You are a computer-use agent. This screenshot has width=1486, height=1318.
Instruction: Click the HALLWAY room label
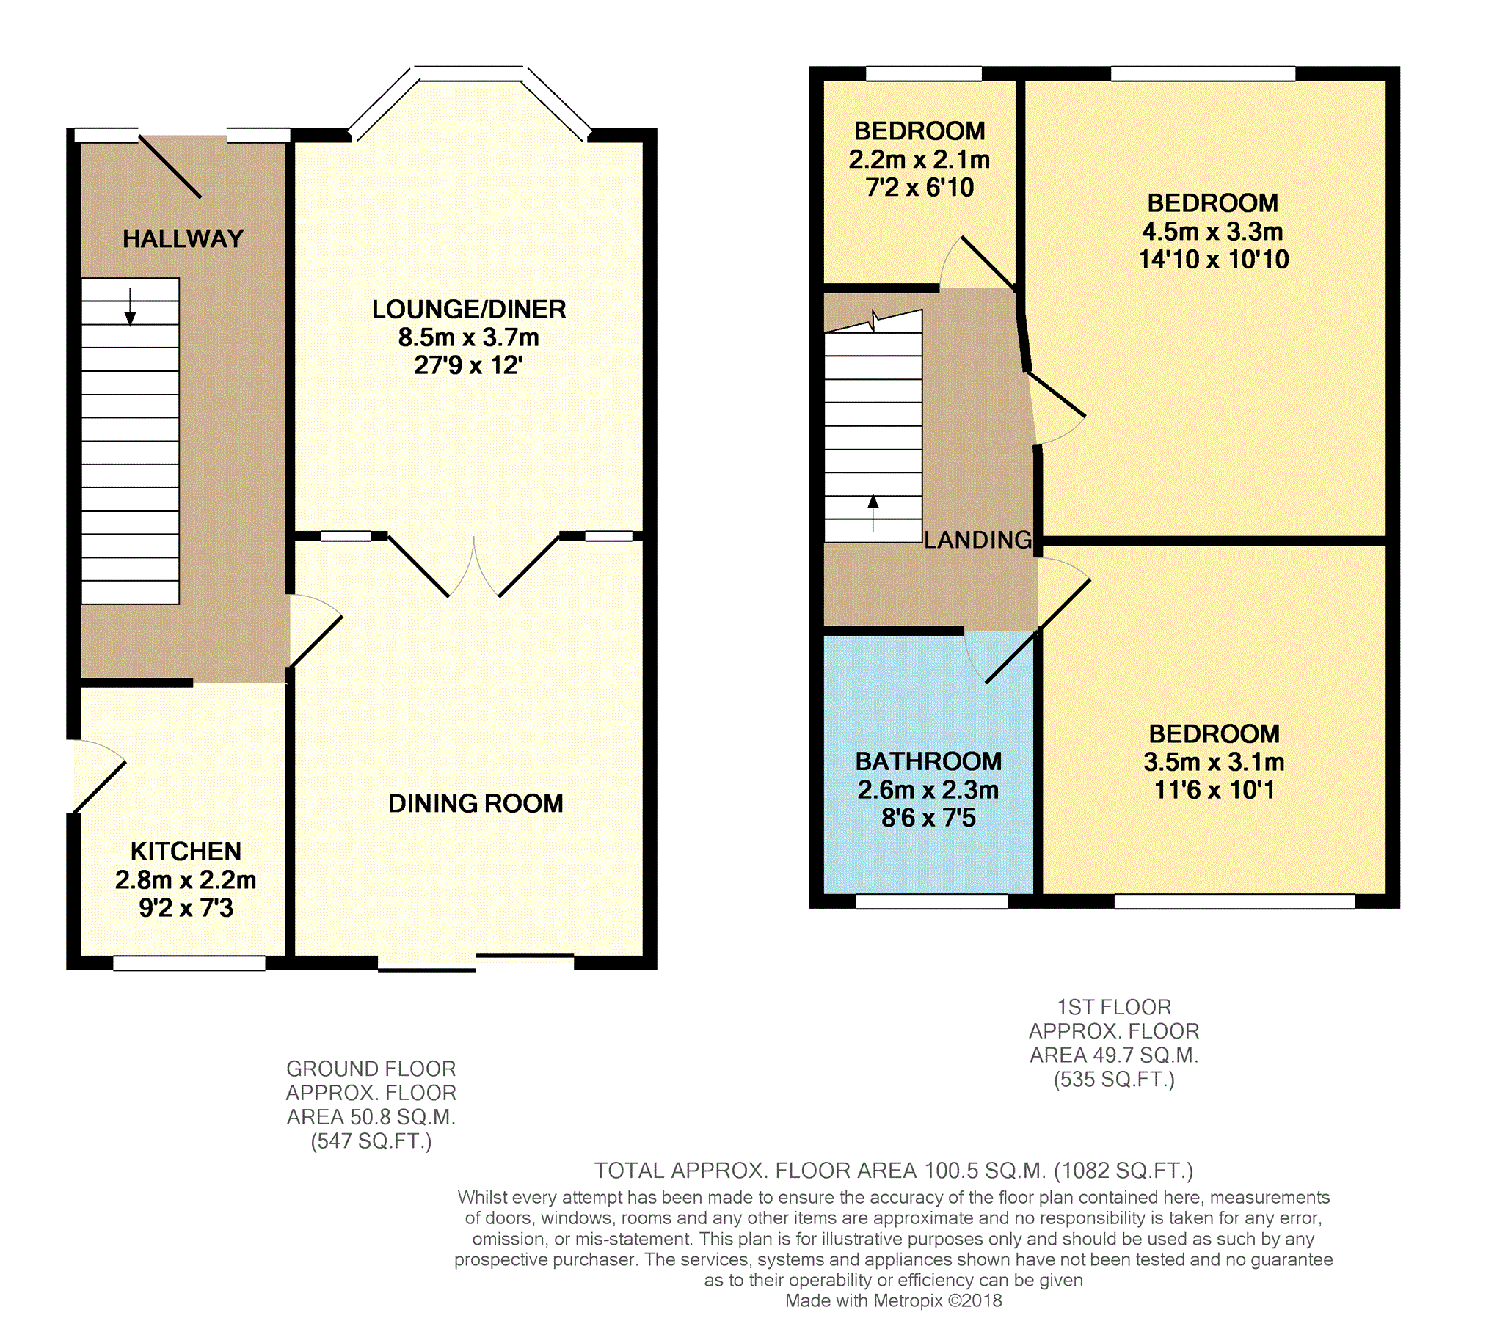point(183,238)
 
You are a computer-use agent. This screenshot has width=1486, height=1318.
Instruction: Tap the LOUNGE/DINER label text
point(469,309)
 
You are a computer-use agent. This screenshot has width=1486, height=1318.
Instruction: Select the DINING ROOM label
point(476,803)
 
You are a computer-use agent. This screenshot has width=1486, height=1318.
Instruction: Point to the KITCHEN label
point(186,851)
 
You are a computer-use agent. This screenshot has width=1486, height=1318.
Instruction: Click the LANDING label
point(978,540)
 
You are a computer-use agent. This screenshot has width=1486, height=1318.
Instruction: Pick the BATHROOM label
point(928,761)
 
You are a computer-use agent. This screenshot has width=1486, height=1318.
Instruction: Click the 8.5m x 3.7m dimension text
point(469,337)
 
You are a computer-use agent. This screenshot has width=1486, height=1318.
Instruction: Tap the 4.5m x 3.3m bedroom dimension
point(1212,232)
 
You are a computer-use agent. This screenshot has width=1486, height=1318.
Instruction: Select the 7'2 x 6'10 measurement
point(919,188)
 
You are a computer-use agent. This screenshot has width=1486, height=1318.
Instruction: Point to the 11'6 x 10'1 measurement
point(1214,790)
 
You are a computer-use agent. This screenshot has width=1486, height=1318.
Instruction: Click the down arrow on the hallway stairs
point(130,307)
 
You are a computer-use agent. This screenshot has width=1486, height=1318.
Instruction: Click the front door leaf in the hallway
point(170,166)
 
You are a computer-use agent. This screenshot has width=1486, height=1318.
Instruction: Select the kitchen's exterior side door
point(100,788)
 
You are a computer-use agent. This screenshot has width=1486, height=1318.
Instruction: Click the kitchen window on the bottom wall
point(189,963)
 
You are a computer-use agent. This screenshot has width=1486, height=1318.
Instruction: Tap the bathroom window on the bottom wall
point(932,901)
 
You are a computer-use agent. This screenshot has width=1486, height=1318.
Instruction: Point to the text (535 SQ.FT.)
point(1114,1080)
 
